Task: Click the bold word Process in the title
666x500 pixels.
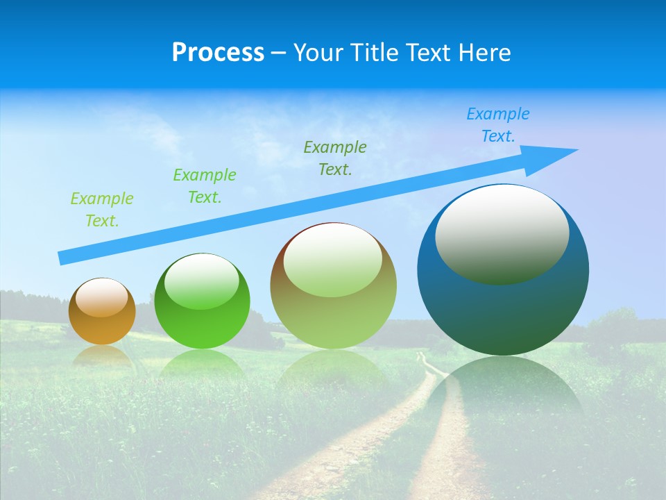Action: pos(218,53)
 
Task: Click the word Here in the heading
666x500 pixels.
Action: pos(485,53)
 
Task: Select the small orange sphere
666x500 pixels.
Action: pos(102,312)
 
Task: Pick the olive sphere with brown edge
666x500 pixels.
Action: pos(333,286)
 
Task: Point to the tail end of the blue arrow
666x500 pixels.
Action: pos(64,258)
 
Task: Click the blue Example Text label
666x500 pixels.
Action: pos(497,125)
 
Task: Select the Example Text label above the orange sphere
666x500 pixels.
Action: pos(102,210)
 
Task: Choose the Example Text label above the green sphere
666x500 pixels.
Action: pos(205,185)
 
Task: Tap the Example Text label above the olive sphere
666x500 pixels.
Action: pos(335,158)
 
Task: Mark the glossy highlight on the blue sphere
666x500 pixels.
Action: pos(502,233)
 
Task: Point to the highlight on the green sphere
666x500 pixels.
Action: pos(202,281)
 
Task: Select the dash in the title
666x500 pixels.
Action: pos(278,53)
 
